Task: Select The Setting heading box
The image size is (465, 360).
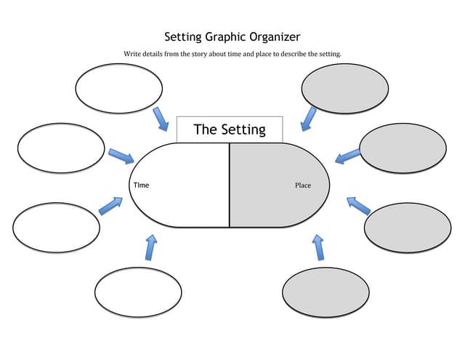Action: click(230, 129)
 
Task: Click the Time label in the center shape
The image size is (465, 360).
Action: click(141, 185)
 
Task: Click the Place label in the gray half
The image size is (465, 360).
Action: click(303, 185)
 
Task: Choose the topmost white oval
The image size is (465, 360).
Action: click(118, 88)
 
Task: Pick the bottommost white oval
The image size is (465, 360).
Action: click(138, 292)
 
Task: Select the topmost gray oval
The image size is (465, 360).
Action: click(345, 89)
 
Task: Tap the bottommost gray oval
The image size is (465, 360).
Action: click(325, 293)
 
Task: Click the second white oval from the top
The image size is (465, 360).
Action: click(61, 148)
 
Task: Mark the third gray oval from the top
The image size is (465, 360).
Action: click(408, 228)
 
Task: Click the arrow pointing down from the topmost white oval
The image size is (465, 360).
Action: click(161, 119)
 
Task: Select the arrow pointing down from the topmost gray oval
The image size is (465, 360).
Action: click(308, 119)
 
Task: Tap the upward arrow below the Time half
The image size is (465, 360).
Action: click(150, 247)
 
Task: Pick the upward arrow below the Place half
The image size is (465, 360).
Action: click(318, 247)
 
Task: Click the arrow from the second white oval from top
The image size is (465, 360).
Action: click(121, 156)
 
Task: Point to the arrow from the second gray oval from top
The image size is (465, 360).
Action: click(347, 156)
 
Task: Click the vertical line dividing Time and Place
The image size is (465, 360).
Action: click(230, 185)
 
